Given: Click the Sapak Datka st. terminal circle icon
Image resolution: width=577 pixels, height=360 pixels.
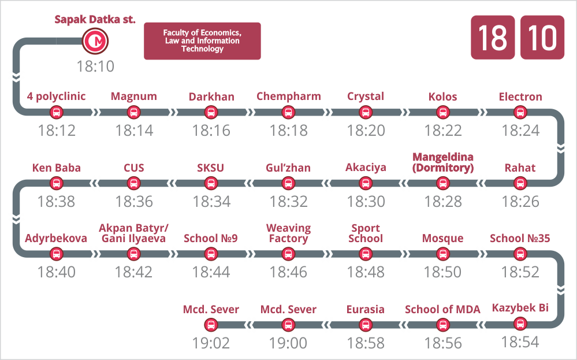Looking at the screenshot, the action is coord(95,41).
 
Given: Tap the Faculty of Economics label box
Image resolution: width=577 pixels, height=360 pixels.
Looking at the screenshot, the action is coord(202,41).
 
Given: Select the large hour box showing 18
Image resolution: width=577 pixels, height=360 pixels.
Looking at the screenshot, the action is coord(493,37).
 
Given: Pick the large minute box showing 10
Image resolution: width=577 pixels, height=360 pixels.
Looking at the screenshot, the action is coord(542,37).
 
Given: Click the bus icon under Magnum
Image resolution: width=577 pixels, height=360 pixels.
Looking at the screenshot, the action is coord(133,112).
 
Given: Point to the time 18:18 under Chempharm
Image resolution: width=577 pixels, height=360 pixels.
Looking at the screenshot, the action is coord(289,131).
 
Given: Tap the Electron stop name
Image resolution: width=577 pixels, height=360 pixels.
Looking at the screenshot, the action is coord(520,97).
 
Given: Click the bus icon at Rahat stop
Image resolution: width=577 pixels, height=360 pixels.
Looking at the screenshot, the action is coord(520,183).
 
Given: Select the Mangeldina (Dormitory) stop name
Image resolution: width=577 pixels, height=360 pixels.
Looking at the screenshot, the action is coord(442,162).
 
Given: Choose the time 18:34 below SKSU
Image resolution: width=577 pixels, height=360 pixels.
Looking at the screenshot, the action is coord(211,201).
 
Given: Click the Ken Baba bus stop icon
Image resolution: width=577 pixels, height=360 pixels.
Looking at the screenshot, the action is coord(56,183).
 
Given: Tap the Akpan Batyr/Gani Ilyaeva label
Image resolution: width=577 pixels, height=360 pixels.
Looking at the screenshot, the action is coord(133,233).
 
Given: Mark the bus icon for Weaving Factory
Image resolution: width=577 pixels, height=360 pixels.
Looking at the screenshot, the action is coord(288,254).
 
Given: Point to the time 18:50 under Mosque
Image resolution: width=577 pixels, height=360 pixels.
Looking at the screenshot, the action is coord(442,272).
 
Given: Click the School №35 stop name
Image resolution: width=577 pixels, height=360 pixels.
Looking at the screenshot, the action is coord(520,239).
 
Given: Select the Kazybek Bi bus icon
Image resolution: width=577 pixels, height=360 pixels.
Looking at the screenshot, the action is coord(520,324).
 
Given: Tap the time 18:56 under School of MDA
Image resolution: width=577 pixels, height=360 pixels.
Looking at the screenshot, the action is coord(443,343).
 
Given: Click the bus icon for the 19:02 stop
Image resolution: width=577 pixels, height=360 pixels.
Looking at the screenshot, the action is coord(211,325).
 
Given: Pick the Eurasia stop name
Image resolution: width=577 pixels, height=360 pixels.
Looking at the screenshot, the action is coord(366,310).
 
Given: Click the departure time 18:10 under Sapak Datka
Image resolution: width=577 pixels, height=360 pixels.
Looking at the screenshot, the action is coord(95,66).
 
